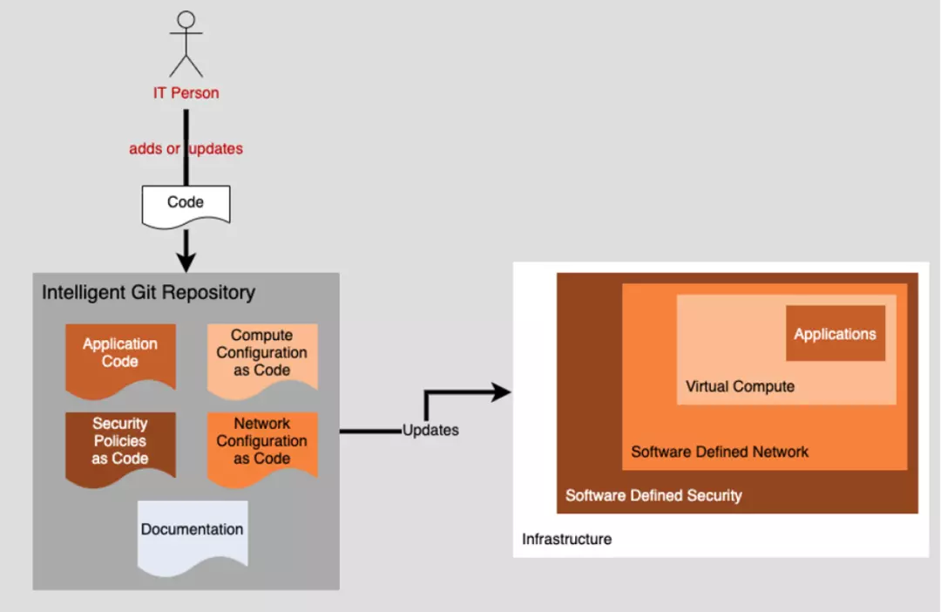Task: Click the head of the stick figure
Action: coord(186,19)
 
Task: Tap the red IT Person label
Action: coord(186,93)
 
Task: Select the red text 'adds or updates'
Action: coord(186,149)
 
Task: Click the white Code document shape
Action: coord(186,203)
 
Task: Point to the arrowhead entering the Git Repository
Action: coord(186,261)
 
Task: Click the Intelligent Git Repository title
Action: coord(148,293)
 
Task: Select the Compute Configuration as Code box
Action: coord(261,354)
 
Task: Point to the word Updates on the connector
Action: coord(430,431)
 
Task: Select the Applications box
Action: coord(835,334)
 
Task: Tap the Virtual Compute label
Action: coord(740,387)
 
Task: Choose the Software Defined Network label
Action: coord(720,452)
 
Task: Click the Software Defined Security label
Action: coord(653,496)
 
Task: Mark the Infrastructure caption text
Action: coord(566,540)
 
